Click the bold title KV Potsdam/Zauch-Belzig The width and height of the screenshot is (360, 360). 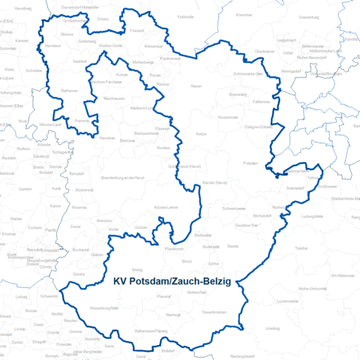click(171, 283)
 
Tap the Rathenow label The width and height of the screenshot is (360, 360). click(69, 90)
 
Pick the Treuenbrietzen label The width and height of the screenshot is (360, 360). click(214, 311)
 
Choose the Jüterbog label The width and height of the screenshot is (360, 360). click(272, 328)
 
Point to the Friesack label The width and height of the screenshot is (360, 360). click(136, 31)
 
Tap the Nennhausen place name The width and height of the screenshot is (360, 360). click(114, 98)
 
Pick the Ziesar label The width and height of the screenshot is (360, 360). click(75, 225)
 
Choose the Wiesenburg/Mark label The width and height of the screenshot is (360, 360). click(104, 307)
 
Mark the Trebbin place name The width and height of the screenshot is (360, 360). click(301, 247)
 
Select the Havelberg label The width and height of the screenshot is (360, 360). click(23, 7)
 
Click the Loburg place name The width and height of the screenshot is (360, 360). click(19, 297)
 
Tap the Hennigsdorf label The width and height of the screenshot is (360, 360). click(289, 70)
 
